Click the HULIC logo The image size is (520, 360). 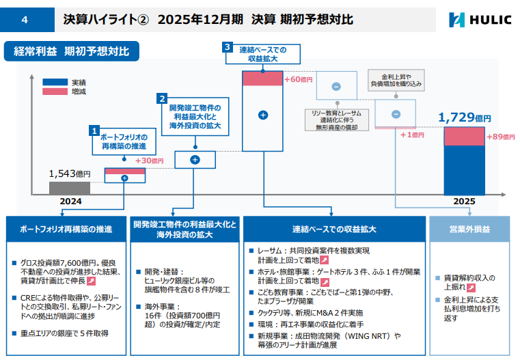coord(480,20)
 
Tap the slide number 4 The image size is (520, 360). coord(25,20)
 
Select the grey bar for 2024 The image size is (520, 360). coord(70,188)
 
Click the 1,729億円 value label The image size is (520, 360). coord(464,117)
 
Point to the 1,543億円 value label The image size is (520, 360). coord(70,174)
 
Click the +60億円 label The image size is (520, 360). coord(299,79)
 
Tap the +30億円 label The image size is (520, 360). coord(149,161)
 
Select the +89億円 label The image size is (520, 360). coord(501,137)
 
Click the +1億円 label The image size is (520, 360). coord(412,135)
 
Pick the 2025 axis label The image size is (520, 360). coord(464,202)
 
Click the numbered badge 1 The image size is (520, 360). coord(94,130)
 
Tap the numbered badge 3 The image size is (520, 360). coord(228,47)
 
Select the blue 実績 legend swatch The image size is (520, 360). coord(55,82)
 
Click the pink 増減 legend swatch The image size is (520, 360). coord(55,91)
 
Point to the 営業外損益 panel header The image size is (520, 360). coord(469,229)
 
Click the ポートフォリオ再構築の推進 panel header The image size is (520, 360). coord(66,229)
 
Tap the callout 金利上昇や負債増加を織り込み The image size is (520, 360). coord(396,80)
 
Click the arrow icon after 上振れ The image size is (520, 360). coord(471,288)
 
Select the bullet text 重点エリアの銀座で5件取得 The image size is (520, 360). coord(64,333)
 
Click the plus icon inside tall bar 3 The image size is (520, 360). coord(263,115)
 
